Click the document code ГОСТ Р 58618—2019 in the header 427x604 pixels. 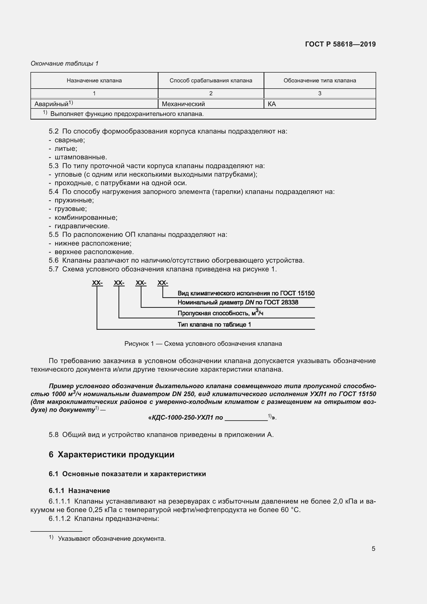340,44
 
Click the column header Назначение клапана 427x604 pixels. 94,81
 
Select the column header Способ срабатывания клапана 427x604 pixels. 211,81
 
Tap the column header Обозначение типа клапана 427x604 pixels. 319,81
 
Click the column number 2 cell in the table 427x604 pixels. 211,93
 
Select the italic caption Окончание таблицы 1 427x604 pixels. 65,64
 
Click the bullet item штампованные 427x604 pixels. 81,157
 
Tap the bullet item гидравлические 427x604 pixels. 82,226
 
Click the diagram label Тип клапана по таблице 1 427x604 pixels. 214,324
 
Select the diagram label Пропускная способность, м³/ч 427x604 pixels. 220,313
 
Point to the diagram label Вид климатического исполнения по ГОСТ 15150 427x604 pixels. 246,293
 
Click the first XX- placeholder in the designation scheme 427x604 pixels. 97,283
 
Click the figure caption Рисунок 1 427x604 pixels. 203,343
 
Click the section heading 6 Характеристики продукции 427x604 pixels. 112,454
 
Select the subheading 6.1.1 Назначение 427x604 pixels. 79,490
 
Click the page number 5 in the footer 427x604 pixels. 373,548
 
